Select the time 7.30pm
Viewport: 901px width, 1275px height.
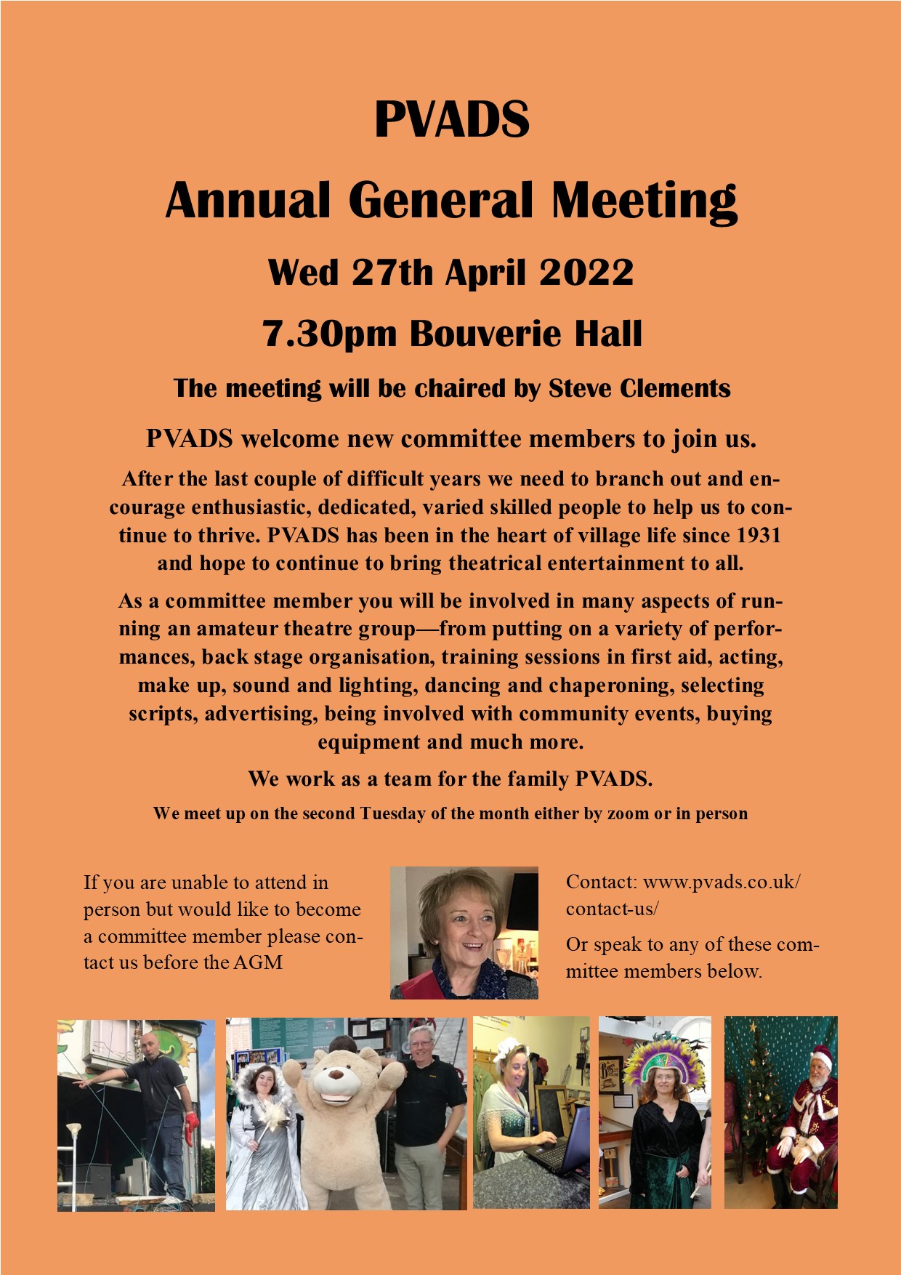coord(330,334)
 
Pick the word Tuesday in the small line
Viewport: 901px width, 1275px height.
coord(393,813)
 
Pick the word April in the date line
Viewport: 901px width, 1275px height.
coord(485,273)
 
